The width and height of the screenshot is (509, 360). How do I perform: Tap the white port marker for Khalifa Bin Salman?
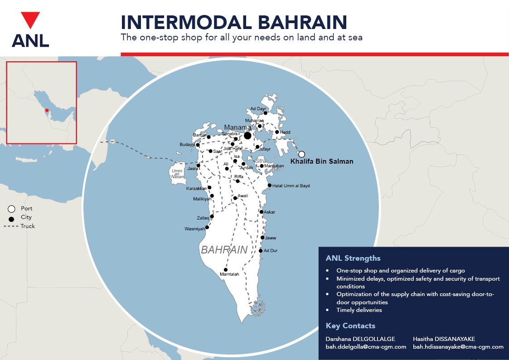301,154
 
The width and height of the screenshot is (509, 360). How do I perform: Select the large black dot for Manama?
247,136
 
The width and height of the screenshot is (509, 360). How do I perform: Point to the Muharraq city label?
254,120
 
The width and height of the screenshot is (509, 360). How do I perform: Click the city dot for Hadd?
277,132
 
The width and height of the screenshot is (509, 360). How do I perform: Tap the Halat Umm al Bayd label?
291,186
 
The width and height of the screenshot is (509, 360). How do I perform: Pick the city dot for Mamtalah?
226,270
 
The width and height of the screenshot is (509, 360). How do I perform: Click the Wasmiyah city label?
195,229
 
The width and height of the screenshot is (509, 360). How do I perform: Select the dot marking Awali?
235,198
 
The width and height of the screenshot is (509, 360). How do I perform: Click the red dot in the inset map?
47,110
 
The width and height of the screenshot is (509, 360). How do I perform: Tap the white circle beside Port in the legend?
11,209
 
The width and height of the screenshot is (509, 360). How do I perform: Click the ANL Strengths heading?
353,258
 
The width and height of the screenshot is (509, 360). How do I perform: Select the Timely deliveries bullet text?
359,310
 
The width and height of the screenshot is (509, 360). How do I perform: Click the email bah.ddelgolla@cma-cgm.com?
366,347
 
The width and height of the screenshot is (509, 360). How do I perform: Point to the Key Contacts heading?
350,326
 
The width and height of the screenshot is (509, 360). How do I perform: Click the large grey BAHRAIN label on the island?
224,250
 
